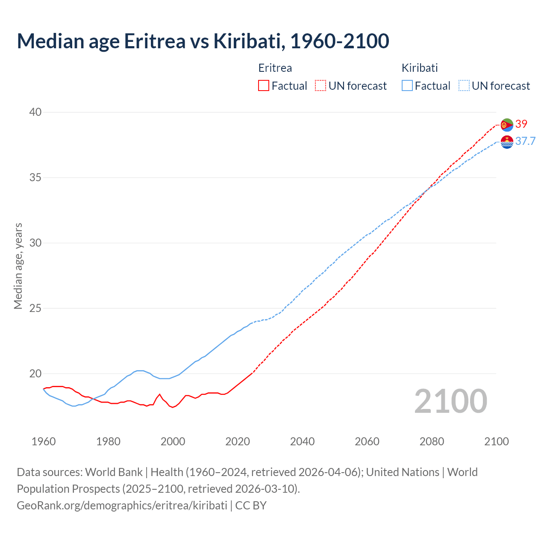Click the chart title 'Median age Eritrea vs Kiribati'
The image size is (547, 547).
(x=203, y=41)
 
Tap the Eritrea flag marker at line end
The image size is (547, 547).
(x=507, y=125)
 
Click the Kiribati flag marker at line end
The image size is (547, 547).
(x=507, y=142)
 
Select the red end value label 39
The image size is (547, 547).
(x=521, y=124)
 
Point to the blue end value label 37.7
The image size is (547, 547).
(x=525, y=141)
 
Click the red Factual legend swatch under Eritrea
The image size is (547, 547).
(x=264, y=86)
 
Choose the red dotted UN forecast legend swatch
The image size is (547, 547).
(x=320, y=86)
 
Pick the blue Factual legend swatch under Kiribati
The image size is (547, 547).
(x=407, y=86)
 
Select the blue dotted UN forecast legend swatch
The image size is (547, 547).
(x=464, y=86)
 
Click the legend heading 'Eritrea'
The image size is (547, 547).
(x=275, y=68)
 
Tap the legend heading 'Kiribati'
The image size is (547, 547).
(x=420, y=68)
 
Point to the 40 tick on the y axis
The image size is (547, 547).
(x=35, y=112)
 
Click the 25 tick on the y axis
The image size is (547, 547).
(x=35, y=308)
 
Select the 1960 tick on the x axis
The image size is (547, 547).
(x=44, y=441)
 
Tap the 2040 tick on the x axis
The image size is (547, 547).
(x=302, y=441)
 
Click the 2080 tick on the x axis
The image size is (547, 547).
(x=432, y=441)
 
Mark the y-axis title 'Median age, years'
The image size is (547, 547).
(x=18, y=266)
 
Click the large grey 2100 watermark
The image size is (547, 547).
(x=450, y=401)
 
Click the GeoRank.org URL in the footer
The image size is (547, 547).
(x=122, y=506)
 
